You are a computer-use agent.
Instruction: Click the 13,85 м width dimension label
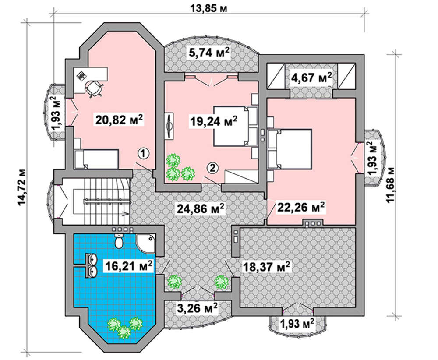click(x=208, y=8)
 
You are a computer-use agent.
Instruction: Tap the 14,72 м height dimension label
click(x=21, y=187)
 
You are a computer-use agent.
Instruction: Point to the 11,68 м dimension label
click(x=391, y=185)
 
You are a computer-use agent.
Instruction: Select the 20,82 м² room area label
click(x=119, y=120)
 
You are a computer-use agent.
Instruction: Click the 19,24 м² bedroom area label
click(x=213, y=121)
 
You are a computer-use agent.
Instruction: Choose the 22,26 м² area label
click(x=300, y=207)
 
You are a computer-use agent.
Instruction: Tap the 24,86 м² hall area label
click(x=201, y=208)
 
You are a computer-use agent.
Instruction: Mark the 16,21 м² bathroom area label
click(x=128, y=266)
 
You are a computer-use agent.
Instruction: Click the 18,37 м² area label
click(x=266, y=267)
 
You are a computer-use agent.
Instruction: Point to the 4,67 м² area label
click(x=311, y=78)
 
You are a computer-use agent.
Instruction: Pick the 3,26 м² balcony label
click(x=197, y=308)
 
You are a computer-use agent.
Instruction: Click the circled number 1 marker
click(x=143, y=153)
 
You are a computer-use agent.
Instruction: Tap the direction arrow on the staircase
click(x=124, y=214)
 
